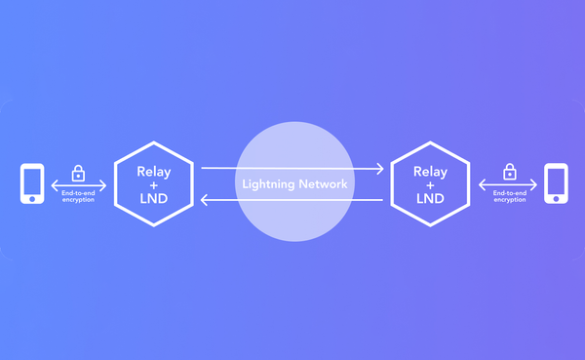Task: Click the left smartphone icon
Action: [x=32, y=184]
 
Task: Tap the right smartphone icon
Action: [x=556, y=184]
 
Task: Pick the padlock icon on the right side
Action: [x=509, y=172]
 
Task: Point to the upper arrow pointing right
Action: [x=292, y=168]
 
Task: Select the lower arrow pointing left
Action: [x=292, y=200]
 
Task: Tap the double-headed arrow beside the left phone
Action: [x=78, y=185]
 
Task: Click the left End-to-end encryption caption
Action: [x=78, y=197]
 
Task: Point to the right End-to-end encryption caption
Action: [x=509, y=197]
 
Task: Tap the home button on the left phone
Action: [x=32, y=199]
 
